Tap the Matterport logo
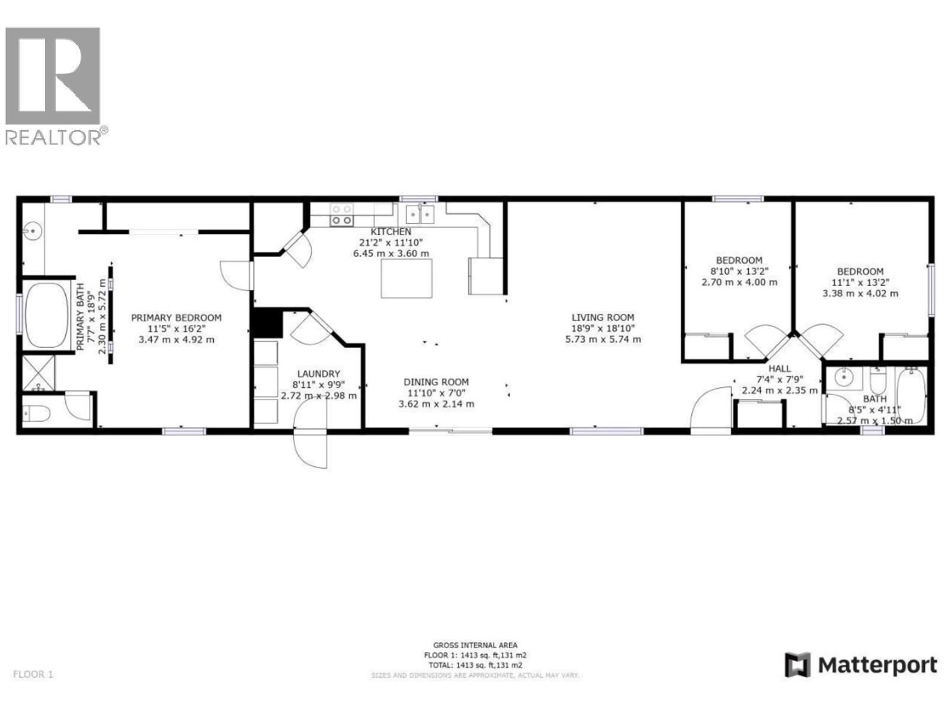pyautogui.click(x=861, y=665)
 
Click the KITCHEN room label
pyautogui.click(x=390, y=232)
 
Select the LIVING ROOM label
pyautogui.click(x=603, y=318)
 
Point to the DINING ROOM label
pyautogui.click(x=436, y=382)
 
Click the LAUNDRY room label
pyautogui.click(x=318, y=374)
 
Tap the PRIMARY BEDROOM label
pyautogui.click(x=176, y=318)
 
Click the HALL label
pyautogui.click(x=779, y=369)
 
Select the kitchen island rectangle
pyautogui.click(x=406, y=278)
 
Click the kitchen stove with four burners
pyautogui.click(x=341, y=214)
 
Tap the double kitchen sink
pyautogui.click(x=419, y=214)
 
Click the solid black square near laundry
pyautogui.click(x=267, y=324)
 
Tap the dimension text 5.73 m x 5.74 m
pyautogui.click(x=603, y=340)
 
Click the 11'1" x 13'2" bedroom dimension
pyautogui.click(x=860, y=283)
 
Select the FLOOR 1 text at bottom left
pyautogui.click(x=33, y=674)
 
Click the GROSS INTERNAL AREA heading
pyautogui.click(x=475, y=645)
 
